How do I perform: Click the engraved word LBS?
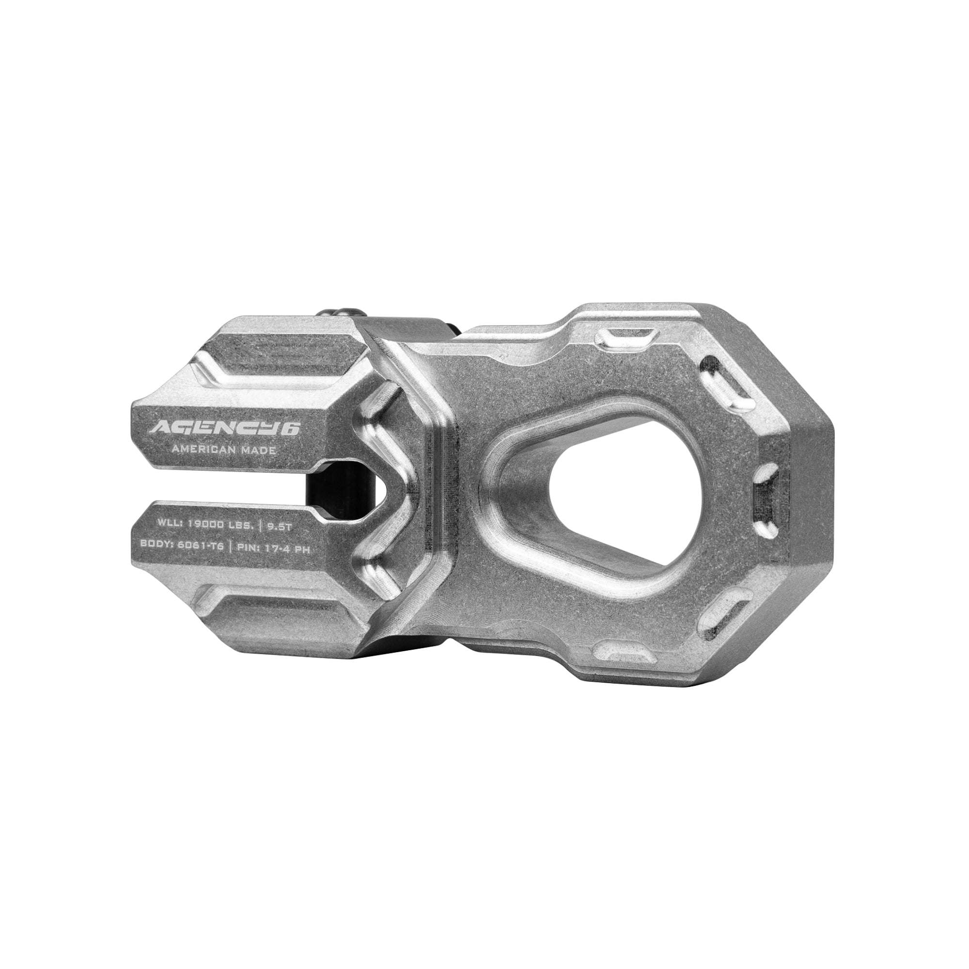(240, 525)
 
